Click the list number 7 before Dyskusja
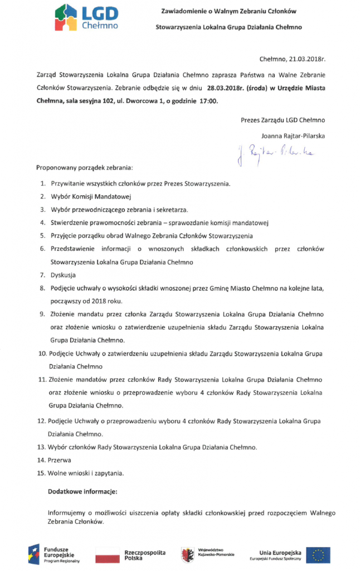[42, 275]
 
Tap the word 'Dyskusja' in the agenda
[63, 275]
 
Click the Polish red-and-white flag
[108, 555]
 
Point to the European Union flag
[321, 555]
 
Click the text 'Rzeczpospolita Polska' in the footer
[145, 555]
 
